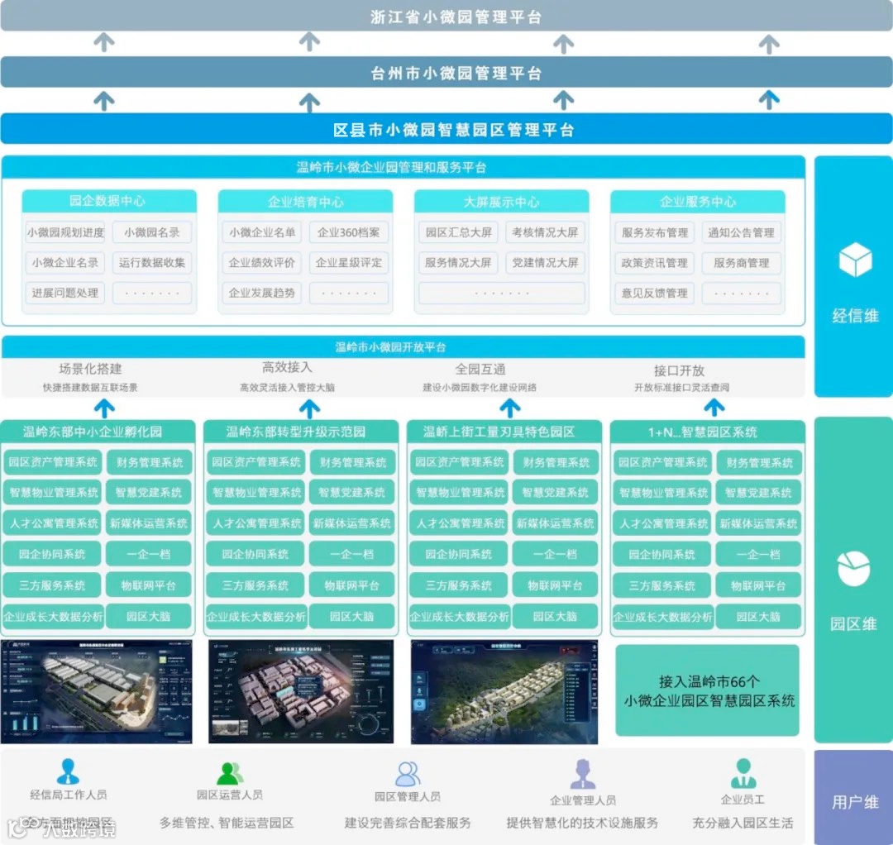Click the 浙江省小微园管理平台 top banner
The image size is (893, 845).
point(446,17)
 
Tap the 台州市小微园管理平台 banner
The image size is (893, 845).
point(446,73)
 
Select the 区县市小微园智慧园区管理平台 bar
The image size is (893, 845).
point(446,129)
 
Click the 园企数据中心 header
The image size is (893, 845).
point(108,201)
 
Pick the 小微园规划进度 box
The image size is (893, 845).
point(65,233)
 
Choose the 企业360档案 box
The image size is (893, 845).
point(349,233)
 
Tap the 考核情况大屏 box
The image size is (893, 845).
point(545,233)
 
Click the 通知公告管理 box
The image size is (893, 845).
point(741,233)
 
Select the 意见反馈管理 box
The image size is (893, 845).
point(654,293)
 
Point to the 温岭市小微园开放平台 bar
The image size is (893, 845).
point(403,347)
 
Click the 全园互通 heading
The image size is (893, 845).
point(480,370)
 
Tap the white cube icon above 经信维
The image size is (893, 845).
point(855,260)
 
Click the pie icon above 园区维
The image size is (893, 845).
point(854,569)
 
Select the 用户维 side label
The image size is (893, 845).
point(854,801)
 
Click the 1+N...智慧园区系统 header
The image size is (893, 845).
point(707,432)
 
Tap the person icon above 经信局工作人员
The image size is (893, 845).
point(68,771)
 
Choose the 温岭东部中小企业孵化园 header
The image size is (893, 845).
point(98,432)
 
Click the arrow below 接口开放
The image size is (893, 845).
point(714,406)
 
